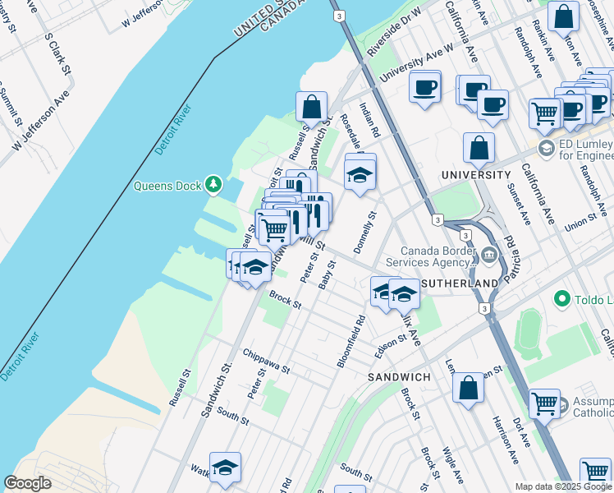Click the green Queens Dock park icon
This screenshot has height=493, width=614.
(214, 184)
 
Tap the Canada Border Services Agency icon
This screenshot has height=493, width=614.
(490, 256)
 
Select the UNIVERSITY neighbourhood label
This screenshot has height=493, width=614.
(475, 175)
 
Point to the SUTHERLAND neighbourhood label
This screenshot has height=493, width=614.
(459, 283)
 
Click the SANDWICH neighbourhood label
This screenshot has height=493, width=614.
(399, 376)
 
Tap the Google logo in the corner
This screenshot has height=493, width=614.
(27, 483)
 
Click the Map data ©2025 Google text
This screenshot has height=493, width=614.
(562, 486)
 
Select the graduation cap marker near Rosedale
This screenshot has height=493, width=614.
(360, 174)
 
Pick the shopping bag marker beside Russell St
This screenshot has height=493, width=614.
(312, 108)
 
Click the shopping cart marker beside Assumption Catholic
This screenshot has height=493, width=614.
(544, 403)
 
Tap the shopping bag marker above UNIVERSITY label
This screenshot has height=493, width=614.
(479, 149)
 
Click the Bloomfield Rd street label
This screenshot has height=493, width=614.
(350, 341)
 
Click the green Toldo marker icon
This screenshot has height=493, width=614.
(562, 298)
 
